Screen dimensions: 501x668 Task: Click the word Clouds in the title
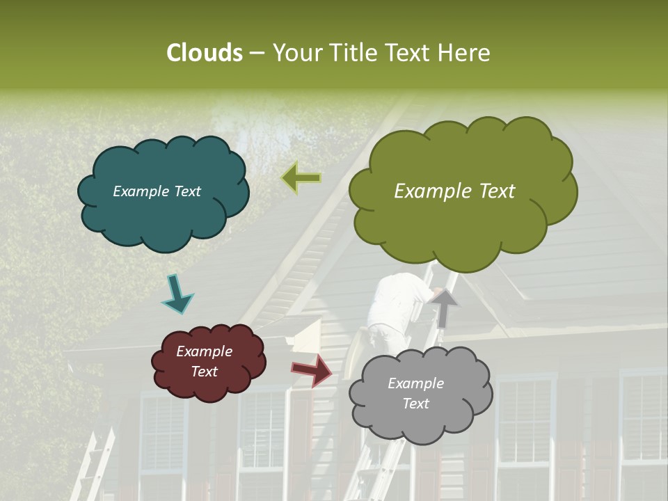(x=205, y=53)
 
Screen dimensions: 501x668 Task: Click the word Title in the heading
(x=352, y=53)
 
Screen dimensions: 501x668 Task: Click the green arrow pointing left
(x=301, y=178)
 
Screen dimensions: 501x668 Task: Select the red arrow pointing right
(x=312, y=369)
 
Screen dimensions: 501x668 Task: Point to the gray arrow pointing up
(x=444, y=307)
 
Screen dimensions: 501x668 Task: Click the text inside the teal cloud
(x=157, y=191)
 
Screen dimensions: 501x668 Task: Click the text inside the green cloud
(x=454, y=191)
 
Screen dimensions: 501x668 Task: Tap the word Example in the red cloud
(x=204, y=351)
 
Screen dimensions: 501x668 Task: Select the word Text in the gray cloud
(x=415, y=404)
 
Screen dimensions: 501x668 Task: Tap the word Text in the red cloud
(x=204, y=372)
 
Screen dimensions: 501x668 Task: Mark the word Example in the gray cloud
(x=415, y=383)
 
